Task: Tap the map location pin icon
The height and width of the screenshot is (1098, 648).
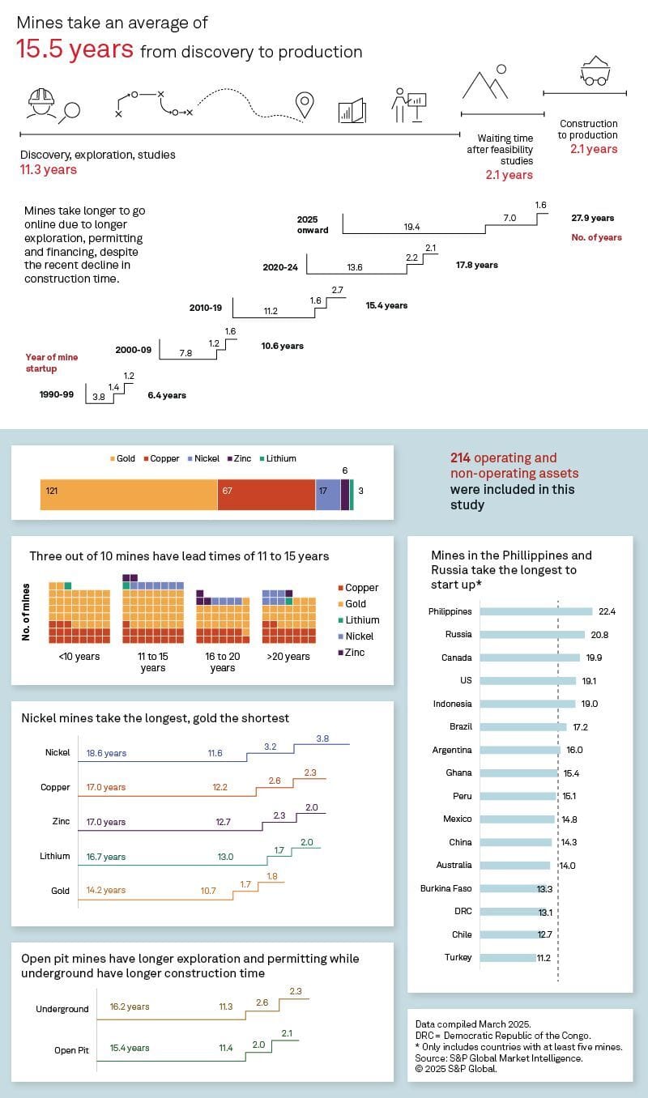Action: pos(305,104)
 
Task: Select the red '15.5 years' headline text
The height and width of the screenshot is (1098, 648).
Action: pos(75,50)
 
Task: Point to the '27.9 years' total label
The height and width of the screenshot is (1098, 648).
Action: pos(592,219)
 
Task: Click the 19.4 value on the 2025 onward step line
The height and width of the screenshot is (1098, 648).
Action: pos(411,228)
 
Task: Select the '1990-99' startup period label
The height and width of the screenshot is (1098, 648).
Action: pos(57,395)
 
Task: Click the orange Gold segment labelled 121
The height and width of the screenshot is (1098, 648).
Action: pos(128,492)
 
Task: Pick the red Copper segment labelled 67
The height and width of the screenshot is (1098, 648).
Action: pos(266,492)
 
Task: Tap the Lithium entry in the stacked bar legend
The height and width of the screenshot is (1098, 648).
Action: pos(280,458)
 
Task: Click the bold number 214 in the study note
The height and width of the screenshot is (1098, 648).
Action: pos(461,457)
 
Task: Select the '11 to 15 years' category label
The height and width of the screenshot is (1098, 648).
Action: pos(152,662)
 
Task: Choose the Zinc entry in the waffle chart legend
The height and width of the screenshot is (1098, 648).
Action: pos(354,653)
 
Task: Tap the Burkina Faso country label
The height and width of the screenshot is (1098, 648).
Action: pos(446,888)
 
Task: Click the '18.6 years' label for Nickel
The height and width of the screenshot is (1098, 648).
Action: pos(106,753)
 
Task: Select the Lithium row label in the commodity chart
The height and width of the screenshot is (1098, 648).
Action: pos(55,856)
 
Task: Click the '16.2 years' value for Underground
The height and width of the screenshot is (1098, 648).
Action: pos(130,1007)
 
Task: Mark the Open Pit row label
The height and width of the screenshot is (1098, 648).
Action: pos(71,1049)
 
